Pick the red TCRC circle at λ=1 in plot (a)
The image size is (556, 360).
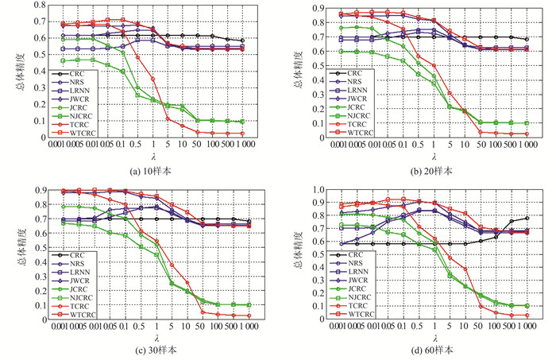153,79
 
